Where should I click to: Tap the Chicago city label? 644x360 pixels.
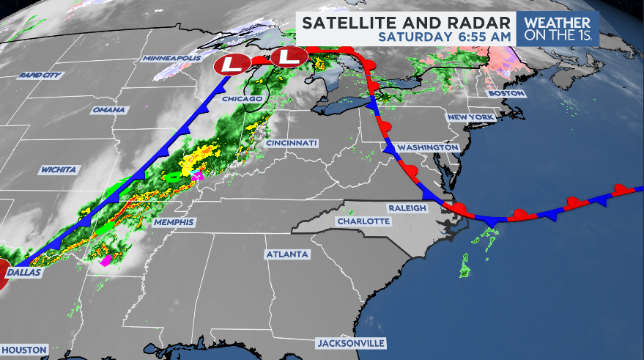tap(242, 99)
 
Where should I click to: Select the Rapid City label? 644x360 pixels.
tap(41, 75)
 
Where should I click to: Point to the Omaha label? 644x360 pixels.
tap(109, 110)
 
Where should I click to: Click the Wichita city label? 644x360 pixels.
tap(59, 170)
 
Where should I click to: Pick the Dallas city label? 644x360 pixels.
tap(25, 272)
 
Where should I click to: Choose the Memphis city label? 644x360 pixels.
tap(174, 222)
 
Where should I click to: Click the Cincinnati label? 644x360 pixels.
tap(291, 142)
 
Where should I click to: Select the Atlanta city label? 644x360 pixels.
tap(287, 254)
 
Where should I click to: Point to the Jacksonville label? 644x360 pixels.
tap(350, 343)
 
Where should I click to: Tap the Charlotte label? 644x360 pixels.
tap(362, 221)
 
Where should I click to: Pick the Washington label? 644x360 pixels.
tap(432, 147)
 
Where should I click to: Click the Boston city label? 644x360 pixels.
tap(507, 94)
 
